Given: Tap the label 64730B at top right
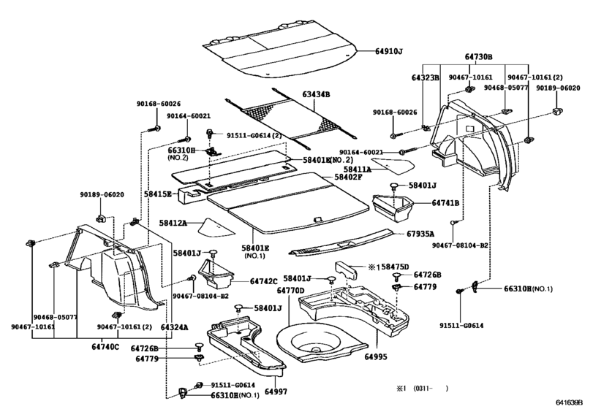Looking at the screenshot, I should coord(478,56).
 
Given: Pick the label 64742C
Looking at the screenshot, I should coord(263,280).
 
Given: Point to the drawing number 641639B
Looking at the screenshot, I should coord(570,402).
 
